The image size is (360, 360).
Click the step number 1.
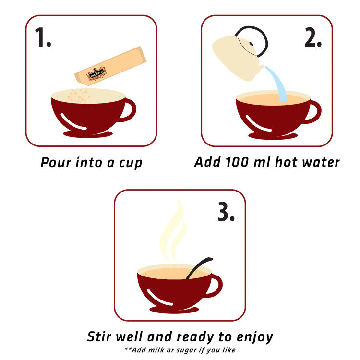[x=43, y=37]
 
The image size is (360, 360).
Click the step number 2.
[x=312, y=37]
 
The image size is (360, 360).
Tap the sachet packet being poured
[x=110, y=67]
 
